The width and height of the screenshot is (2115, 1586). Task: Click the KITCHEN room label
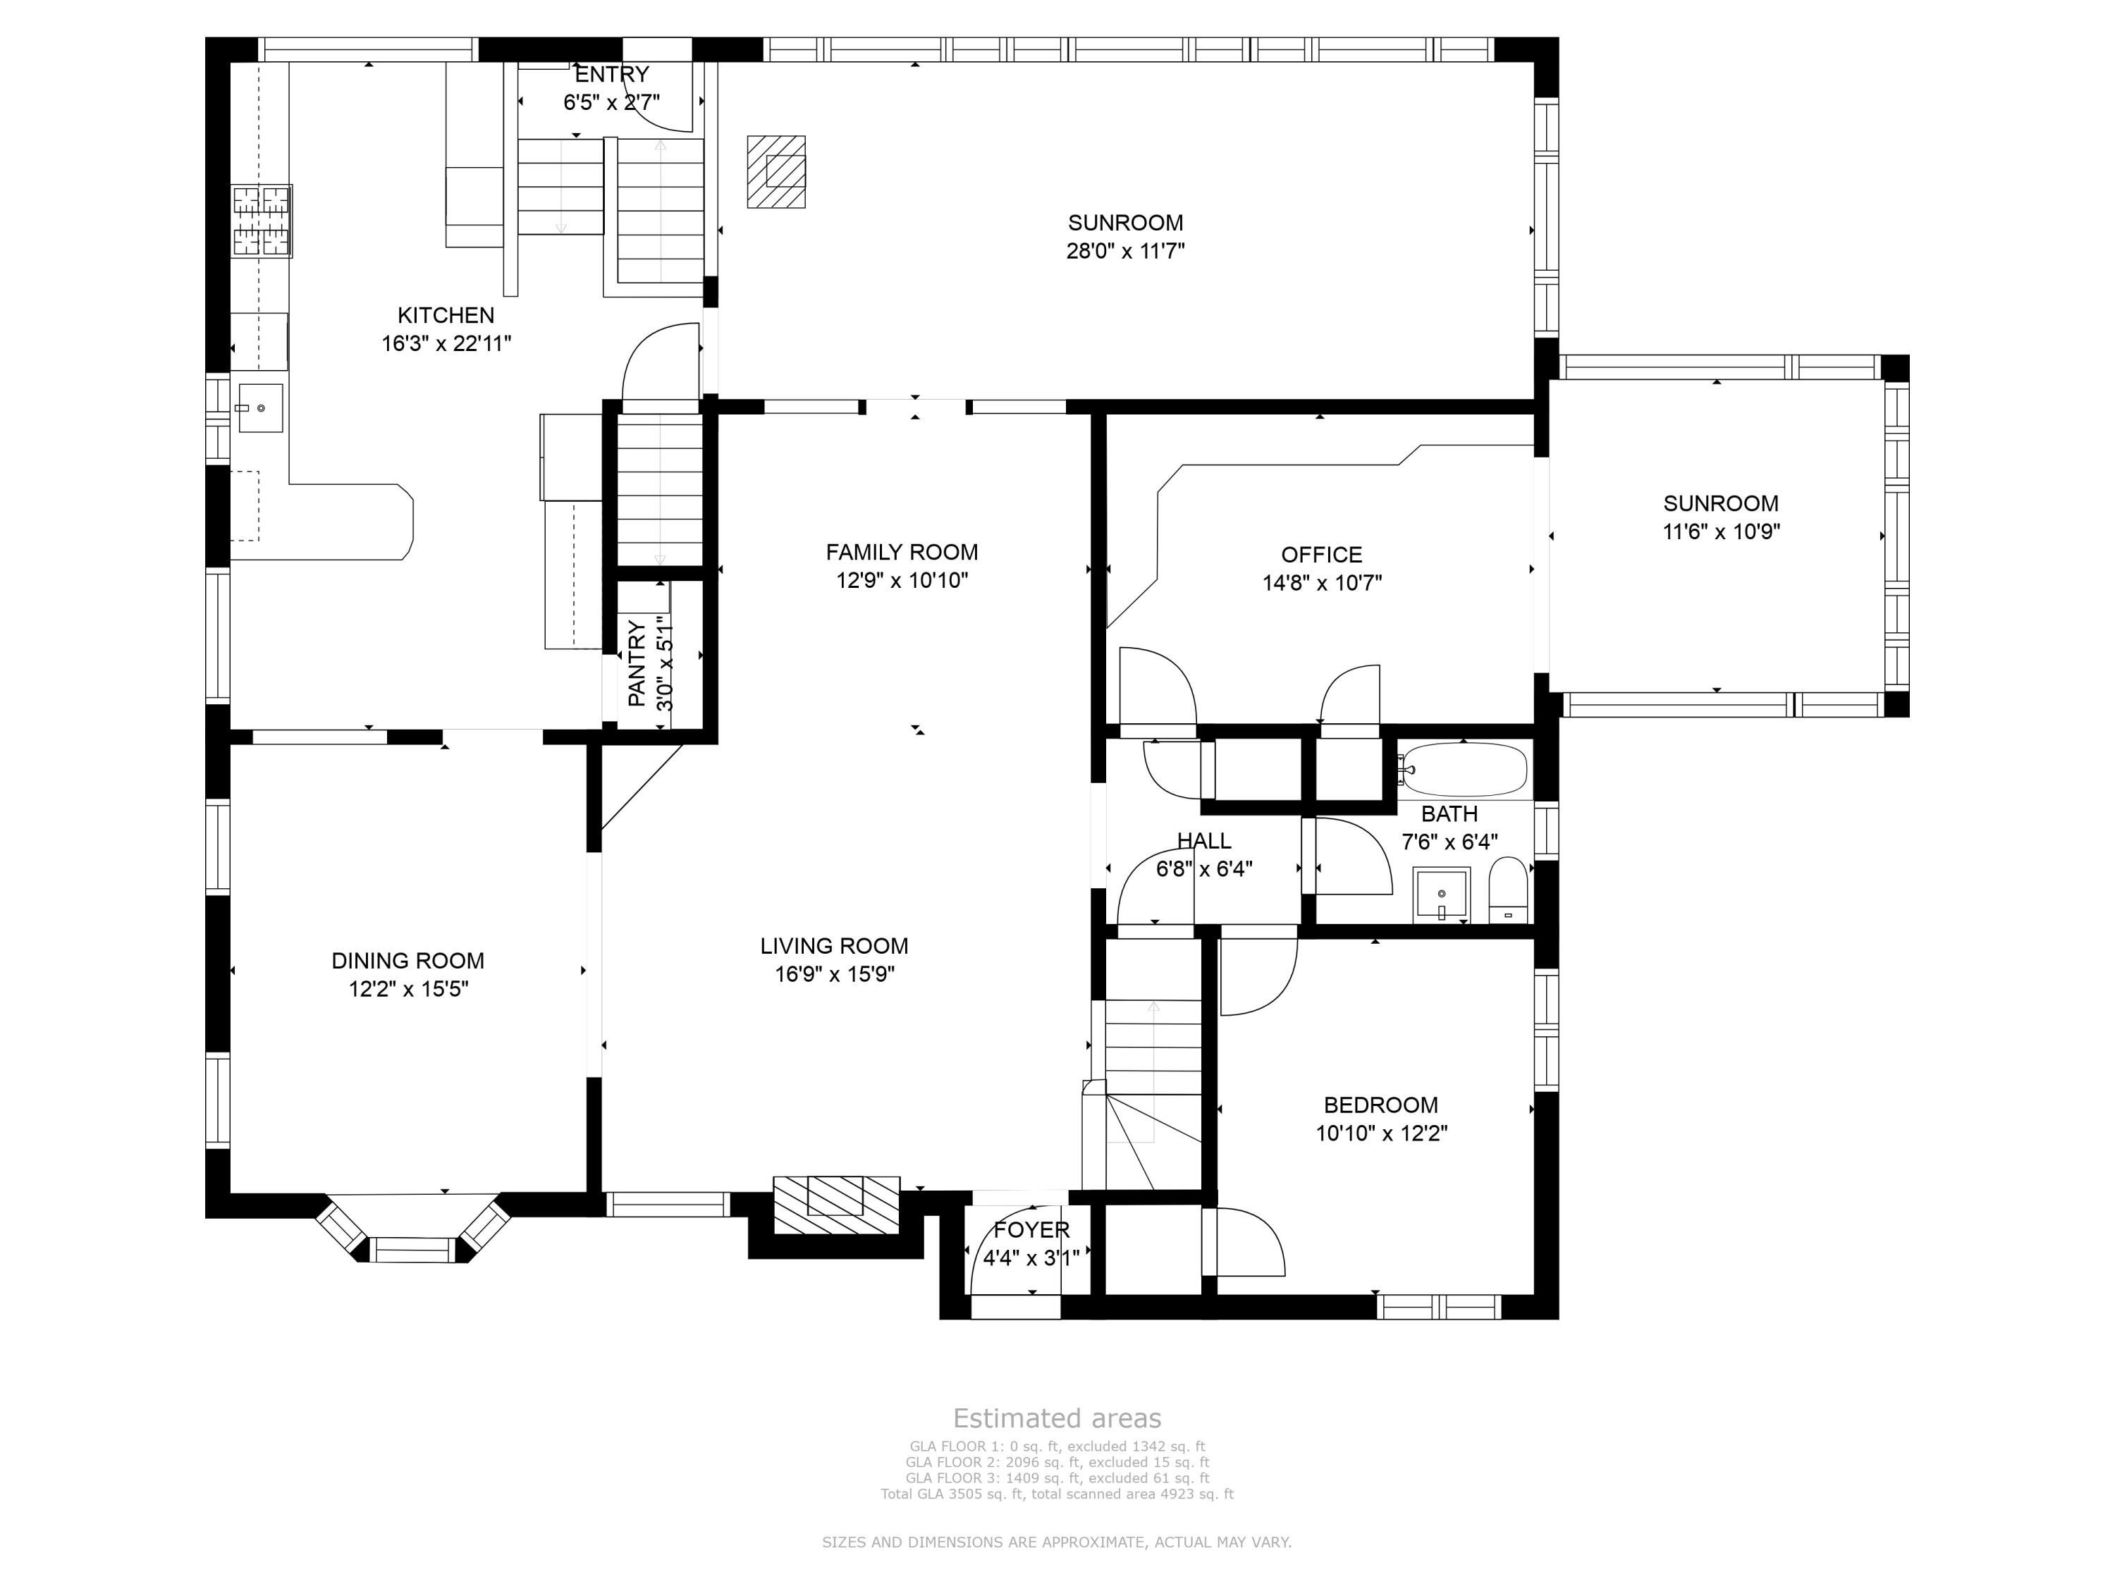(446, 316)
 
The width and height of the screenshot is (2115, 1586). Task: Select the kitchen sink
(259, 407)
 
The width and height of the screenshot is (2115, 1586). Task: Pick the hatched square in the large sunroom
(776, 171)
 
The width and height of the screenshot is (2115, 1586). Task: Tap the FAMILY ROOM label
(902, 552)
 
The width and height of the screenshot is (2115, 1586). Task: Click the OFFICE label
(1321, 555)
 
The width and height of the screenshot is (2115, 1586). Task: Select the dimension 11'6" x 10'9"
(1721, 531)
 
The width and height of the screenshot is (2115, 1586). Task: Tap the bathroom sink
(1442, 895)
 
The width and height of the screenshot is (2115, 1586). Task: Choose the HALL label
(1204, 840)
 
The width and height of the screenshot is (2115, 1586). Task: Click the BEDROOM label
(1380, 1105)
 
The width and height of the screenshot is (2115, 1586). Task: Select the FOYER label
(1031, 1229)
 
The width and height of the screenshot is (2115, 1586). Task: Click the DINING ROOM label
(408, 961)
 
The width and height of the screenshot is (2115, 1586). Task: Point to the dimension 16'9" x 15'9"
(835, 974)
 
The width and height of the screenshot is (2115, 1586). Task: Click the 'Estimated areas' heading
(1057, 1418)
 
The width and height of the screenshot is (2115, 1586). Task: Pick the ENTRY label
(612, 73)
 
